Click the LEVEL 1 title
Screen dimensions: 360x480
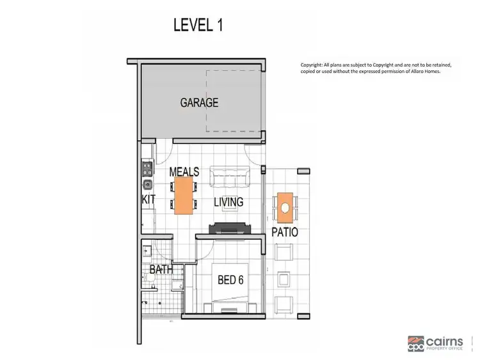point(198,26)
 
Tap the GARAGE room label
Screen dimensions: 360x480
point(199,102)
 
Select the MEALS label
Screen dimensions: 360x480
point(184,172)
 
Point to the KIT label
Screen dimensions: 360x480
point(148,200)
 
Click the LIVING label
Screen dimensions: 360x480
point(228,202)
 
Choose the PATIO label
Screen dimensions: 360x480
point(284,232)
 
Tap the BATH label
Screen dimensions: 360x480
point(161,270)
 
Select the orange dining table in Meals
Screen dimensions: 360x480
point(184,195)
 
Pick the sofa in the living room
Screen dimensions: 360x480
point(230,175)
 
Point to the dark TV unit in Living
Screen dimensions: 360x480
point(229,228)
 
